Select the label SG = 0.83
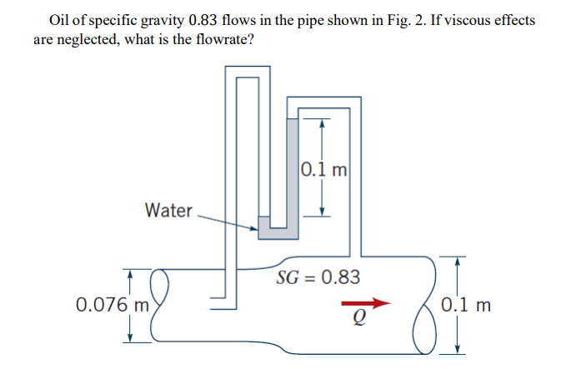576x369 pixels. (x=319, y=277)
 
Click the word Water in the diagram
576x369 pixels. (x=168, y=210)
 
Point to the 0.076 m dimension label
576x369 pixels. (x=110, y=305)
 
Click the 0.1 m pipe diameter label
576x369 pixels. (x=468, y=305)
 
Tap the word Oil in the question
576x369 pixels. (x=60, y=19)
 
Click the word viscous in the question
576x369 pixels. (x=461, y=19)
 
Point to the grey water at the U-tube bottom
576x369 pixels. (x=275, y=229)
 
